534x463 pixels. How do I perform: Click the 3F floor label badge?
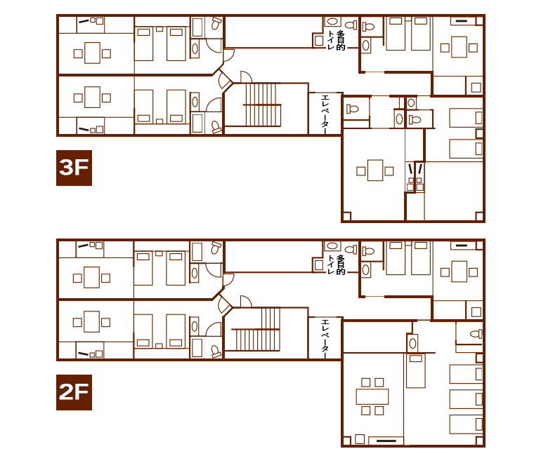click(x=74, y=168)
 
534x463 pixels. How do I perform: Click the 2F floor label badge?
click(x=74, y=392)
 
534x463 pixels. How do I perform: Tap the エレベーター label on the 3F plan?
click(x=325, y=113)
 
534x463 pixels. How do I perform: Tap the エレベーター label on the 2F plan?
click(x=325, y=337)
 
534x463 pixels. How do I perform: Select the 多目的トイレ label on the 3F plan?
click(x=336, y=41)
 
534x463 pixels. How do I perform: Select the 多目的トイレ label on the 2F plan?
click(x=336, y=264)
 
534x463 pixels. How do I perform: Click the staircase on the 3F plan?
click(x=262, y=105)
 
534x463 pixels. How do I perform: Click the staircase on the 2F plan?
click(x=256, y=329)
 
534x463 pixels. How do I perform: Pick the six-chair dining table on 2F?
click(x=372, y=396)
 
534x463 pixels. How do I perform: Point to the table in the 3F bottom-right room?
click(x=375, y=170)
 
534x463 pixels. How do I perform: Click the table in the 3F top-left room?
click(x=92, y=53)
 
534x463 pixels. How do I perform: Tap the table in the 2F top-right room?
click(x=459, y=271)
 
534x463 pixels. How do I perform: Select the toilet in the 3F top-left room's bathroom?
click(x=216, y=23)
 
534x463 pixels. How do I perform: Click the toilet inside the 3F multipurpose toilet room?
click(x=351, y=25)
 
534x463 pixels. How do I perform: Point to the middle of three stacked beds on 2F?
click(x=466, y=399)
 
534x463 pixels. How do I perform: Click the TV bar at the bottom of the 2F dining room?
click(x=386, y=441)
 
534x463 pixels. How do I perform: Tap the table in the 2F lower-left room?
click(x=91, y=321)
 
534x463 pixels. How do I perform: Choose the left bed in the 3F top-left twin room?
click(x=144, y=44)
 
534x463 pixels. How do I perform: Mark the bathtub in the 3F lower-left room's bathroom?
click(x=197, y=123)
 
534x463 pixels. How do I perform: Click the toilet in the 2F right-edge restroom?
click(x=476, y=334)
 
